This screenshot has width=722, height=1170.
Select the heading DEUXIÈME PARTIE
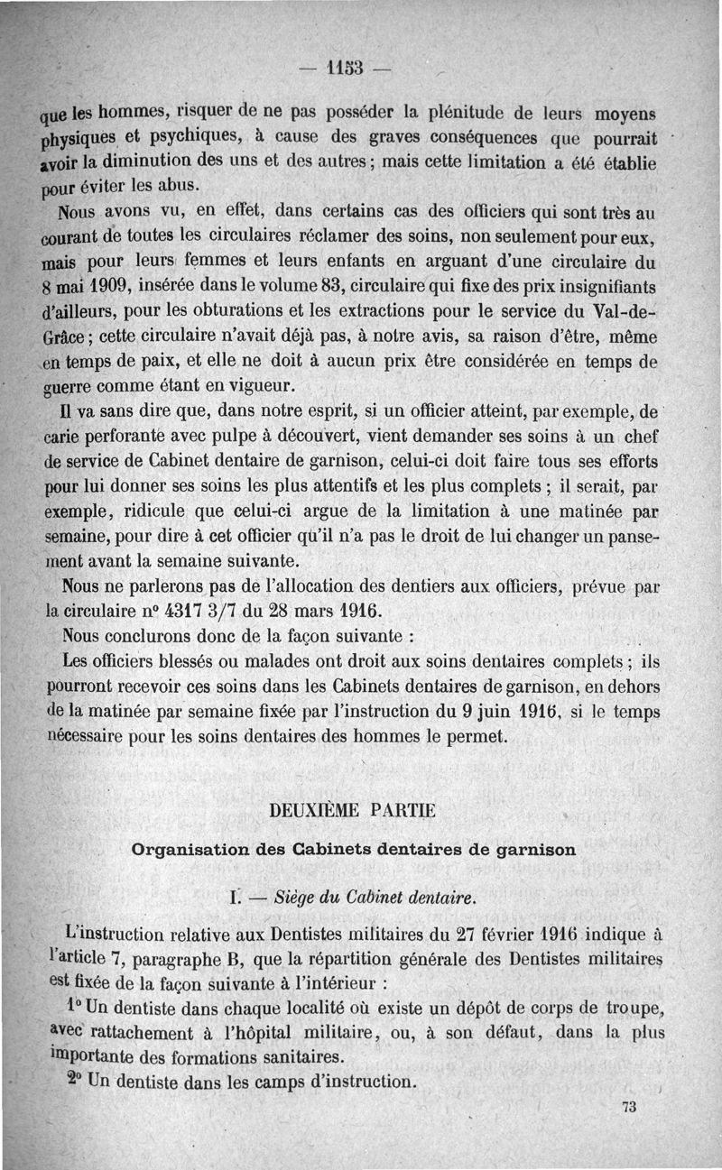[353, 810]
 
